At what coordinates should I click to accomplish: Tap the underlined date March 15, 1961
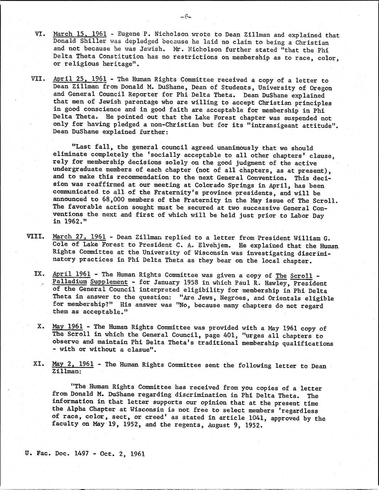tap(80, 34)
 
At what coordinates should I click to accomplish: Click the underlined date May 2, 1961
tap(72, 364)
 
